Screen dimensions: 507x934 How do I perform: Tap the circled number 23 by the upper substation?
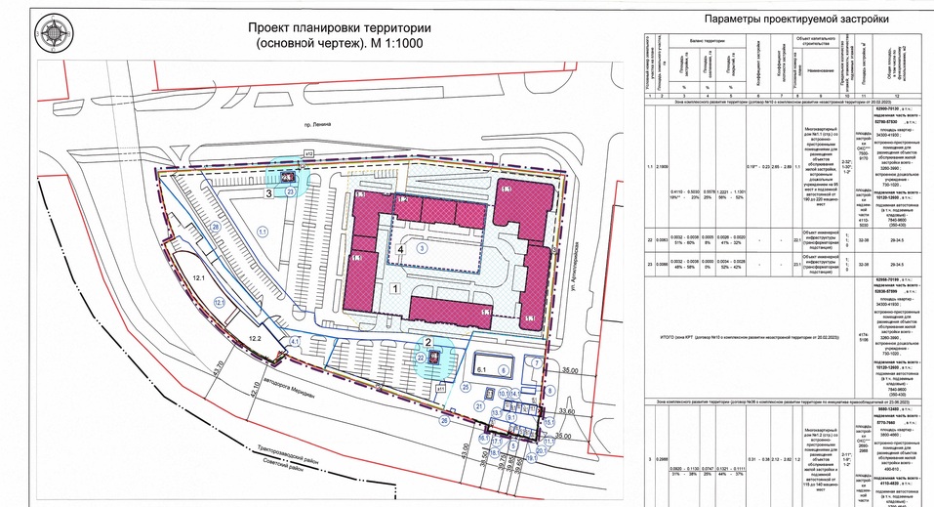pos(291,192)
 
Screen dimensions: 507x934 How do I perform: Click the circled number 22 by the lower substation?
pos(420,359)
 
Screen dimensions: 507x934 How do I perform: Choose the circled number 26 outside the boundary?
pos(445,420)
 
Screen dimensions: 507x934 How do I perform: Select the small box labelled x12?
pos(309,153)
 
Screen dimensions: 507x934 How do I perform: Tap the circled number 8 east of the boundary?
pos(550,391)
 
